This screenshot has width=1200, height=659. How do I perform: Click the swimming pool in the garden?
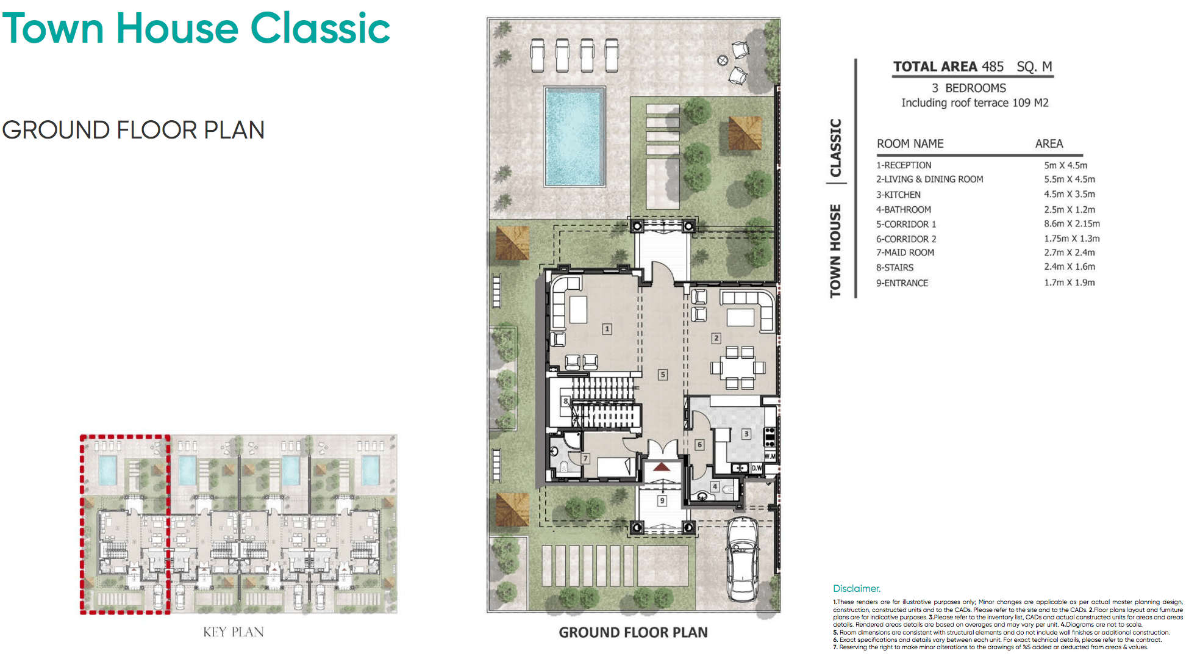tap(574, 136)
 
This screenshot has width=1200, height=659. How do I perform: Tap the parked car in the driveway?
tap(742, 558)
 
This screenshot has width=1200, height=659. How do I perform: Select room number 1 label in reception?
tap(607, 329)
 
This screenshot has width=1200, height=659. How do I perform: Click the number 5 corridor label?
tap(663, 375)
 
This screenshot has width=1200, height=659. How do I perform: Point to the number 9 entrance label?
tap(662, 500)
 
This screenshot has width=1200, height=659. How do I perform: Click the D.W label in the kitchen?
tap(757, 468)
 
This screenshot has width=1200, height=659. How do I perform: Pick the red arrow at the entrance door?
tap(662, 467)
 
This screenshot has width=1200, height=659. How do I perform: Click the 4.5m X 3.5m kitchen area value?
tap(1069, 194)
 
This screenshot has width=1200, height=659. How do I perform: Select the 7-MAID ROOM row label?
tap(905, 253)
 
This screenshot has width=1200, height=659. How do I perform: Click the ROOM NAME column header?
tap(910, 143)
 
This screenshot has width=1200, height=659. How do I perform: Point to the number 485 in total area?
tap(992, 67)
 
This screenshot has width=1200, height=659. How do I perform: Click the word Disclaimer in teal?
tap(856, 588)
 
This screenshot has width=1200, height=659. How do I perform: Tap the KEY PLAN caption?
tap(234, 632)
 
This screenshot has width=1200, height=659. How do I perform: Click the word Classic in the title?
tap(320, 29)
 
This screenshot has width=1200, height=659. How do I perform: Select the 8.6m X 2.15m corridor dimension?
tap(1071, 224)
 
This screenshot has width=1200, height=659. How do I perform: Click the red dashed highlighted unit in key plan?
tap(125, 525)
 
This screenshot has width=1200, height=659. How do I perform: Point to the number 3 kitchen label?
tap(746, 434)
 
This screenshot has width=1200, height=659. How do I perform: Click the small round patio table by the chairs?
tap(723, 60)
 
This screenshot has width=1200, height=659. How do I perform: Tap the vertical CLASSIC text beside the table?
tap(835, 148)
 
